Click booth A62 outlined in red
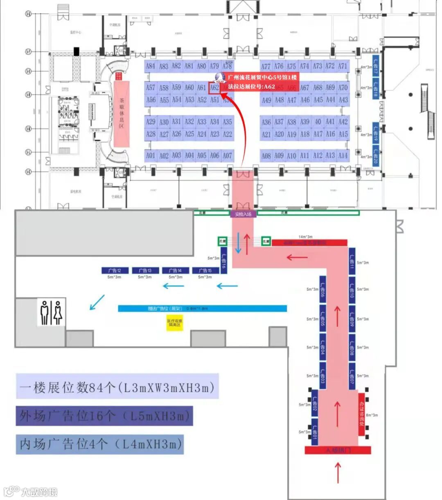214,87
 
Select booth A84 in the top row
151,66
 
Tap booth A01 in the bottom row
151,156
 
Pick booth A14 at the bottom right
343,156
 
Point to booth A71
343,66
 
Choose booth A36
266,122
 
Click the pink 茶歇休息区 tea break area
122,114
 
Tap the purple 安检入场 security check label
243,214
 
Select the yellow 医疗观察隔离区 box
175,324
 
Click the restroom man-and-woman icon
51,312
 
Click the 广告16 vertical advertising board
224,263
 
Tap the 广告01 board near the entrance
315,431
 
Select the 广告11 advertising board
352,261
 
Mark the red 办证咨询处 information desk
361,413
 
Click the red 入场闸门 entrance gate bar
338,450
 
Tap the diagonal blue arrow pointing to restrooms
97,303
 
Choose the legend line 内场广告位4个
100,444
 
